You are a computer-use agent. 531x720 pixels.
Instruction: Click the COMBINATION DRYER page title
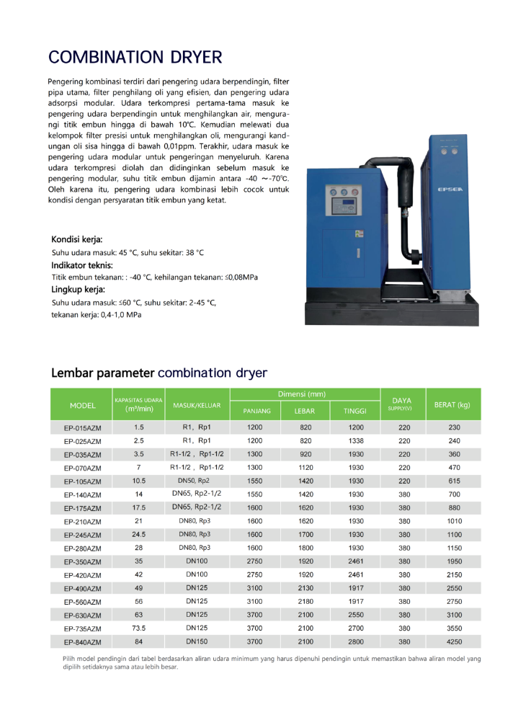[x=135, y=57]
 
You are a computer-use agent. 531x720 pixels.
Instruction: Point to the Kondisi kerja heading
[x=77, y=239]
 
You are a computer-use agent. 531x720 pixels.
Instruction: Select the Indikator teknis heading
[x=82, y=265]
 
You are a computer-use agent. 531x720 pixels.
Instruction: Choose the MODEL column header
[x=83, y=405]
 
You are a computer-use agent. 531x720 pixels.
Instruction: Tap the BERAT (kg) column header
[x=452, y=405]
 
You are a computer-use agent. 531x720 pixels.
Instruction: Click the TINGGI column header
[x=355, y=411]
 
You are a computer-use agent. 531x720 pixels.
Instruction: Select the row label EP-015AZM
[x=83, y=428]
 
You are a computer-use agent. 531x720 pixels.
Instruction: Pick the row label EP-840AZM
[x=83, y=642]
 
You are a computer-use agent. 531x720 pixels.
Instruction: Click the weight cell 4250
[x=454, y=641]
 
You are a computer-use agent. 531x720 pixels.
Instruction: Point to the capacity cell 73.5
[x=139, y=628]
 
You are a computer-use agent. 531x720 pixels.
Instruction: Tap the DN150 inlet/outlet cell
[x=197, y=641]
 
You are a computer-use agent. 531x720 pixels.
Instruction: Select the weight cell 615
[x=454, y=481]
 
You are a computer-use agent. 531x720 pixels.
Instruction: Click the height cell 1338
[x=356, y=440]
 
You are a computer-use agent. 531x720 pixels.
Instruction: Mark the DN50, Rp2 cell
[x=194, y=480]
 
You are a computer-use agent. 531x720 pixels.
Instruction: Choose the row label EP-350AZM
[x=83, y=561]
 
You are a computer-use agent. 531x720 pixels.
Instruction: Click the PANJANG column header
[x=256, y=411]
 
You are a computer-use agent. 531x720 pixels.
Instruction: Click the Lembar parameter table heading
[x=159, y=373]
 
